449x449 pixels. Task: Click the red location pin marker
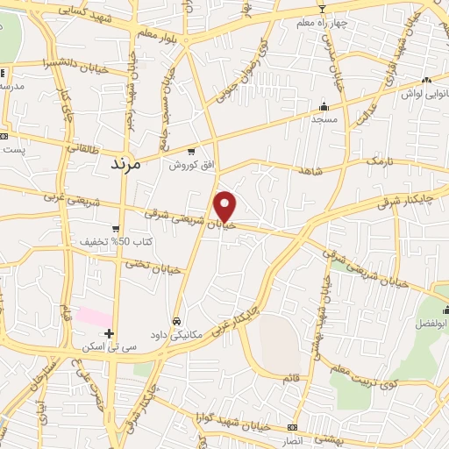click(x=226, y=206)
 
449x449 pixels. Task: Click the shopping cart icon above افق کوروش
click(x=191, y=151)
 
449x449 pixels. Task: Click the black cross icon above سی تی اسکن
click(x=109, y=333)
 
